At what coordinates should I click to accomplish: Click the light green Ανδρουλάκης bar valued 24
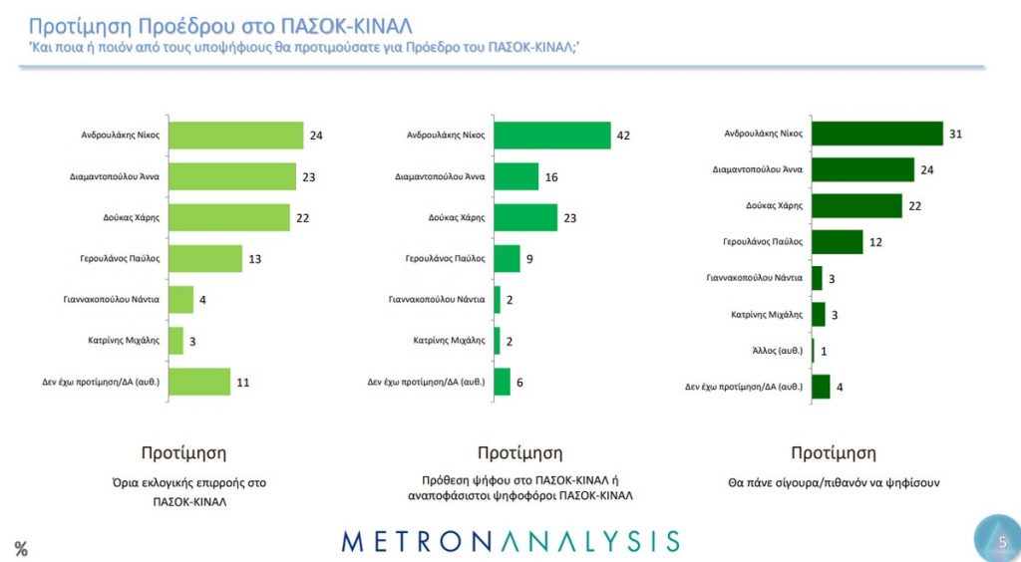click(x=235, y=135)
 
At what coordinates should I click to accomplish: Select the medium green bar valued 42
click(x=552, y=135)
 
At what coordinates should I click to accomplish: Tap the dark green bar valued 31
click(x=877, y=133)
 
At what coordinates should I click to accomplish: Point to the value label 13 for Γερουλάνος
click(x=256, y=258)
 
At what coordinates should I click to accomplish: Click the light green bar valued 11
click(x=199, y=381)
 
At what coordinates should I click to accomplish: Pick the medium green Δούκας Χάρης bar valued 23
click(x=525, y=217)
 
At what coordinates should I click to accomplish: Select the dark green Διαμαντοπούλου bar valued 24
click(x=863, y=169)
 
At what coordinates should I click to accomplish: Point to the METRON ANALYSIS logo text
click(x=510, y=541)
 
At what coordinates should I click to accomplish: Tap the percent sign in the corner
click(x=20, y=548)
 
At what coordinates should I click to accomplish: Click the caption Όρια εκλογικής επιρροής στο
click(x=188, y=483)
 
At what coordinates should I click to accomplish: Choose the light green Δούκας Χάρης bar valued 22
click(x=229, y=216)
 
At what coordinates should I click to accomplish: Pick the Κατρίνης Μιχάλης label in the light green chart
click(x=125, y=340)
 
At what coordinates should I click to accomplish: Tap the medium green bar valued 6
click(x=502, y=381)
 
